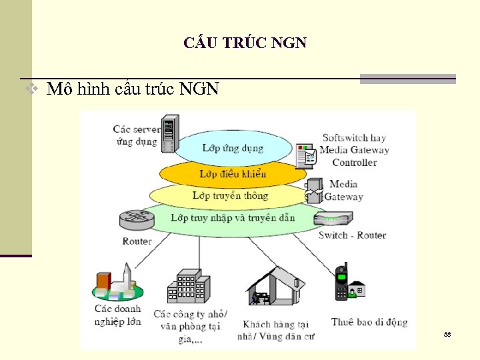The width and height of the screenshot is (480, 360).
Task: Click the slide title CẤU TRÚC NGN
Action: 245,43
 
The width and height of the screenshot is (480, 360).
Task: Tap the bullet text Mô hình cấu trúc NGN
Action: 133,89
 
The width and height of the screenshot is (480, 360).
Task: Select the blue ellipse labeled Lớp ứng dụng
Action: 233,147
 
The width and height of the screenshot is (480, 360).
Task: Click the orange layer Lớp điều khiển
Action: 233,174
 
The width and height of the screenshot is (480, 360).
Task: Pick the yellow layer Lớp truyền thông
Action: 230,195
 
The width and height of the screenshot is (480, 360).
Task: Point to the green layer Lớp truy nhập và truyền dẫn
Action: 233,217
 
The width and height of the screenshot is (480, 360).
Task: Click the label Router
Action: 137,241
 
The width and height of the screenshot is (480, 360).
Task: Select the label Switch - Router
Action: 352,235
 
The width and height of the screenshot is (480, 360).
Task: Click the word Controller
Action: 354,163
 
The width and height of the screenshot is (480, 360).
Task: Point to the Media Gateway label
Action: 344,190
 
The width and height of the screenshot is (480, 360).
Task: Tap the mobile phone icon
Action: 341,282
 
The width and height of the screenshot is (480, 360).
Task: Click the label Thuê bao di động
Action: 369,322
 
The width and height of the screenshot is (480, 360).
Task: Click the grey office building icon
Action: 189,287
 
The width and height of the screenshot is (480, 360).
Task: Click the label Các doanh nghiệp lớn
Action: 117,315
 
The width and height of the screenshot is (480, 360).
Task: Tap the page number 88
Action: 447,333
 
